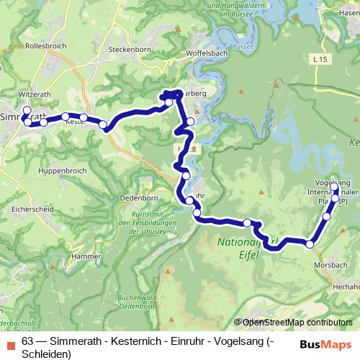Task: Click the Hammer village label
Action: (x=86, y=256)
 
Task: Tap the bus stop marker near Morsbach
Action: (x=310, y=245)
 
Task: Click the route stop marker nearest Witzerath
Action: (x=27, y=110)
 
